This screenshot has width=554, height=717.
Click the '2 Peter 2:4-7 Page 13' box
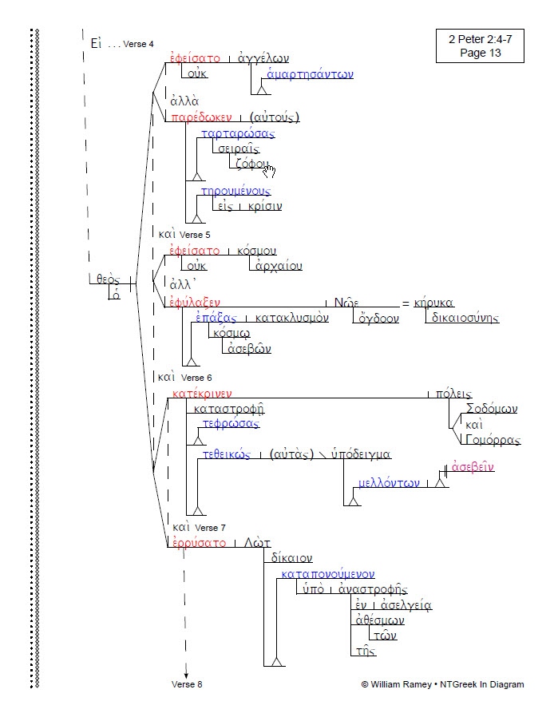click(x=479, y=46)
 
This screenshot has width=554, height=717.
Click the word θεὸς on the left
click(x=108, y=279)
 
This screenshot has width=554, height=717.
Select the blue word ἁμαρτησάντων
click(x=310, y=75)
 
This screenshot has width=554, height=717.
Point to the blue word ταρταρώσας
click(x=238, y=133)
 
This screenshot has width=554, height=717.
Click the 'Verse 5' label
click(x=196, y=235)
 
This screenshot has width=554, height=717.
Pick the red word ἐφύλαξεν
click(x=195, y=302)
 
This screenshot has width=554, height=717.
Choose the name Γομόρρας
click(x=493, y=440)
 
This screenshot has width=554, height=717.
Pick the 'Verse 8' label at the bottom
click(x=187, y=684)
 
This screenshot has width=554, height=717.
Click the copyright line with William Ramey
click(x=442, y=684)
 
